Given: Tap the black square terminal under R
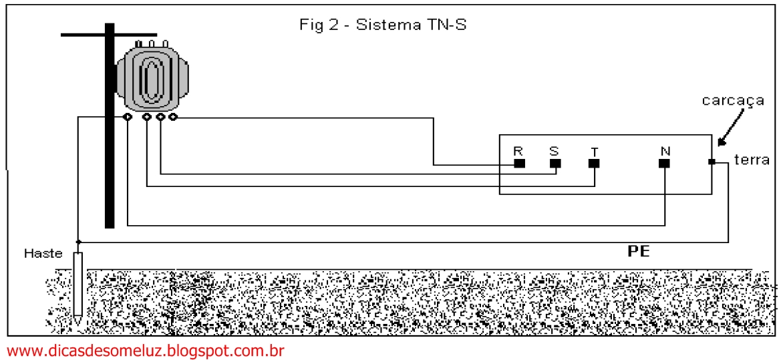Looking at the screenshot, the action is tap(519, 163).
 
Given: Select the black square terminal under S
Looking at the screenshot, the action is tap(555, 163).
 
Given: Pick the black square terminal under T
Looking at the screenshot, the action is tap(594, 163).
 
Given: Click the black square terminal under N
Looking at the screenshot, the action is tap(664, 163).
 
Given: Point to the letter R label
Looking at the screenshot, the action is tap(518, 151).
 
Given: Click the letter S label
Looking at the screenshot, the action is tap(554, 151).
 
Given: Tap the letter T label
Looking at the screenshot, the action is tap(593, 152).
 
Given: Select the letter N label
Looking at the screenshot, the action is tap(665, 151).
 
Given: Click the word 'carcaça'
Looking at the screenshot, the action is tap(733, 101).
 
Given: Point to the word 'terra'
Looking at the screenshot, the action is tap(752, 160).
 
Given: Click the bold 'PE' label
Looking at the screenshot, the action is tap(638, 252).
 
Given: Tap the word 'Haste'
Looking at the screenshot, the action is tap(42, 254).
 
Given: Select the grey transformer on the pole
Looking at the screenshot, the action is tap(153, 73).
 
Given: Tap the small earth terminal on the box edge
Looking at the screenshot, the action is tap(712, 162).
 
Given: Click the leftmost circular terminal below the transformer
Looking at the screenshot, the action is tap(128, 118).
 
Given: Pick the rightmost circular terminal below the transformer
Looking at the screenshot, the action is tap(173, 118).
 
